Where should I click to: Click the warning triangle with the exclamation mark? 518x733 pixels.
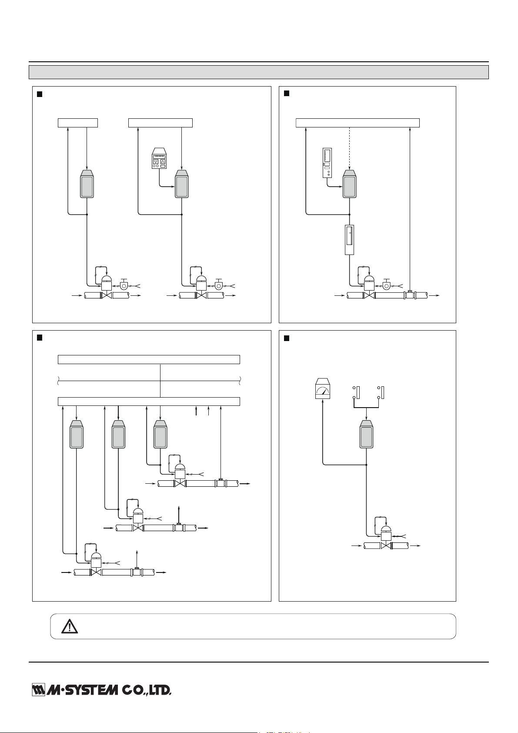click(69, 626)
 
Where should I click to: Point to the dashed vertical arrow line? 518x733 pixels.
click(350, 148)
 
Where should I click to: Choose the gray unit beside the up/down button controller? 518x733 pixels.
click(181, 184)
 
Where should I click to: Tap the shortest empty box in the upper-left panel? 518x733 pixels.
click(78, 122)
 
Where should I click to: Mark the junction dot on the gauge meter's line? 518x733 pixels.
click(366, 465)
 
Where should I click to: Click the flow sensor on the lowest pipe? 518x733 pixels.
click(137, 571)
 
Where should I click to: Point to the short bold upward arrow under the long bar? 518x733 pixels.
click(196, 410)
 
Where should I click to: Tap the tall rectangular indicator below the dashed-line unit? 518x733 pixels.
click(350, 240)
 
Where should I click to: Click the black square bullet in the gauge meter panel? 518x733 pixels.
click(287, 338)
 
